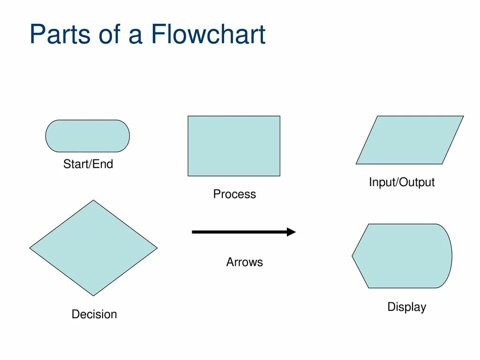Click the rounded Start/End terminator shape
coord(88,136)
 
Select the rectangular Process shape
coord(234,146)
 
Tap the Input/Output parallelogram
coord(410,140)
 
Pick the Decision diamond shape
coord(94,248)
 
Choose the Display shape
coord(402,256)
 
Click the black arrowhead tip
coord(295,232)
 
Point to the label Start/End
coord(88,165)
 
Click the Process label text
coord(234,194)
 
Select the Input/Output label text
coord(402,182)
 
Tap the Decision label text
coord(94,314)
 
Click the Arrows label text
coord(245,262)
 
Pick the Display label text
coord(406,307)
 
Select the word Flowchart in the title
coord(208,35)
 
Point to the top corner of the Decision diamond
coord(94,201)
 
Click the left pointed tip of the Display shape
coord(352,256)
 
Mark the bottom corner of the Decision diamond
coord(94,295)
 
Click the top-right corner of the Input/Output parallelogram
coord(463,116)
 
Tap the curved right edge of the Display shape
coord(451,256)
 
